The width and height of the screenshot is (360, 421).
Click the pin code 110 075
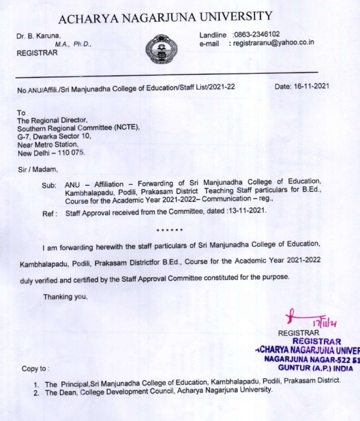72,153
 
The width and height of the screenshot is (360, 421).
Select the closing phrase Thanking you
65,297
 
